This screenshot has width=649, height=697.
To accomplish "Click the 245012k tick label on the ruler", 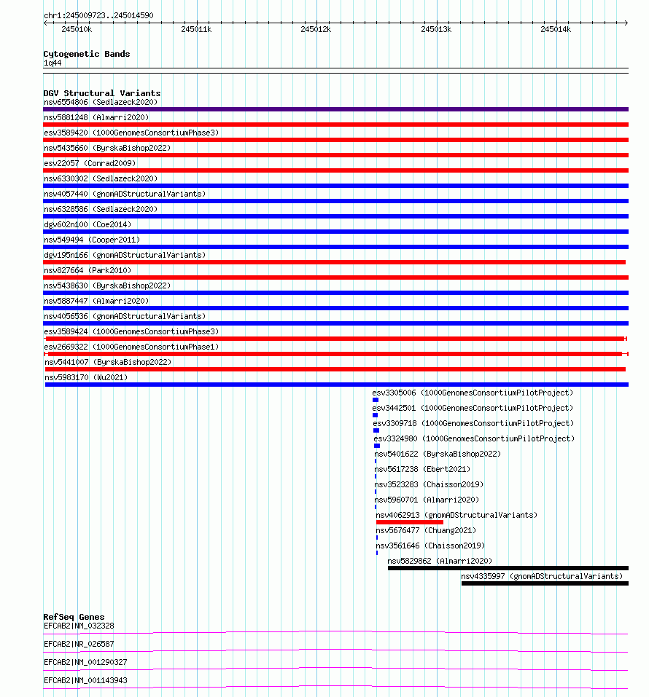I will click(x=316, y=29).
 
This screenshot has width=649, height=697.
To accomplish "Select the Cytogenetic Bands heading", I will click(x=86, y=54).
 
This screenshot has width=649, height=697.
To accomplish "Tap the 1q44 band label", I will click(x=53, y=63).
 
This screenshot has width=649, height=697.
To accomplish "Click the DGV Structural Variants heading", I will click(x=101, y=93).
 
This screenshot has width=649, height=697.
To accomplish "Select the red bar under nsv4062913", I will click(x=409, y=522).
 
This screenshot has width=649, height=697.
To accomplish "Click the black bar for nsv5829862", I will click(x=508, y=568).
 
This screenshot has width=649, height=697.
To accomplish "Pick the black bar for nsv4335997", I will click(x=545, y=583).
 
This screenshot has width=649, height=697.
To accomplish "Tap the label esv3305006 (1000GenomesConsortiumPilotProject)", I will click(x=473, y=393).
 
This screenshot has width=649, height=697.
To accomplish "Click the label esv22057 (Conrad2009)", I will click(x=89, y=163).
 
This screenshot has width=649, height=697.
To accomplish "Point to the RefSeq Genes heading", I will click(x=74, y=617).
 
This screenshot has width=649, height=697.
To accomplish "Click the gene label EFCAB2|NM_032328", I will click(x=79, y=626).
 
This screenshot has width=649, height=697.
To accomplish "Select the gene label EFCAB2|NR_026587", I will click(x=79, y=644).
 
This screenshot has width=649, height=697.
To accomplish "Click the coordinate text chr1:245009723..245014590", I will click(x=98, y=15).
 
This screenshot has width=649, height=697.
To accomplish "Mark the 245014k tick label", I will click(x=556, y=29).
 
